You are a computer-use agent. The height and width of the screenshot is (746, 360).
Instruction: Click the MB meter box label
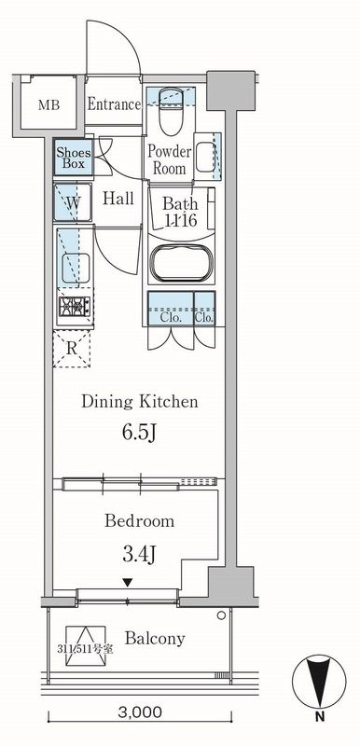(49, 105)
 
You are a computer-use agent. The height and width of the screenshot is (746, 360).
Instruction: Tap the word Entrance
(114, 104)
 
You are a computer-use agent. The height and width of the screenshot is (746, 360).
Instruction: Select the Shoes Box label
(70, 159)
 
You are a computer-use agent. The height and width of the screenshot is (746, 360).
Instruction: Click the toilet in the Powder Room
(171, 111)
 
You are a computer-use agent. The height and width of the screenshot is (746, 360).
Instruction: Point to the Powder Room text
(170, 160)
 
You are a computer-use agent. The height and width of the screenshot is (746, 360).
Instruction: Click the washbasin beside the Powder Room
(205, 156)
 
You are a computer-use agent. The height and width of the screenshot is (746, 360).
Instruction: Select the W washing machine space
(73, 202)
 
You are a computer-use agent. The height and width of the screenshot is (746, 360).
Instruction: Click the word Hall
(118, 198)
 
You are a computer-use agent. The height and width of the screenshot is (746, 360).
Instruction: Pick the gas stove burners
(75, 307)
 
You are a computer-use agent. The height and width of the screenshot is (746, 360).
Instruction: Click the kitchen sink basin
(76, 269)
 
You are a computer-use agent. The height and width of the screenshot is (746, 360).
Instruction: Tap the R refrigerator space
(71, 349)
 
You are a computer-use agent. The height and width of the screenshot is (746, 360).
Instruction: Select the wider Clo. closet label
(172, 318)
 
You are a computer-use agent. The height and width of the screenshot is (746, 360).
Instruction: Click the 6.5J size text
(139, 434)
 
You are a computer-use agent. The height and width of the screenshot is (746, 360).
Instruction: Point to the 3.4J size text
(140, 554)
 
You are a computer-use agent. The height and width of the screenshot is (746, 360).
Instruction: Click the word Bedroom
(140, 521)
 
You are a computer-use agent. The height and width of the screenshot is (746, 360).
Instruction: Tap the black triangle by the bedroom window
(127, 581)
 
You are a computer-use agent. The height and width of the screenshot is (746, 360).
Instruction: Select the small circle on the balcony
(221, 615)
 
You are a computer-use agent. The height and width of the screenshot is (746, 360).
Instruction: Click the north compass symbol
(319, 682)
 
